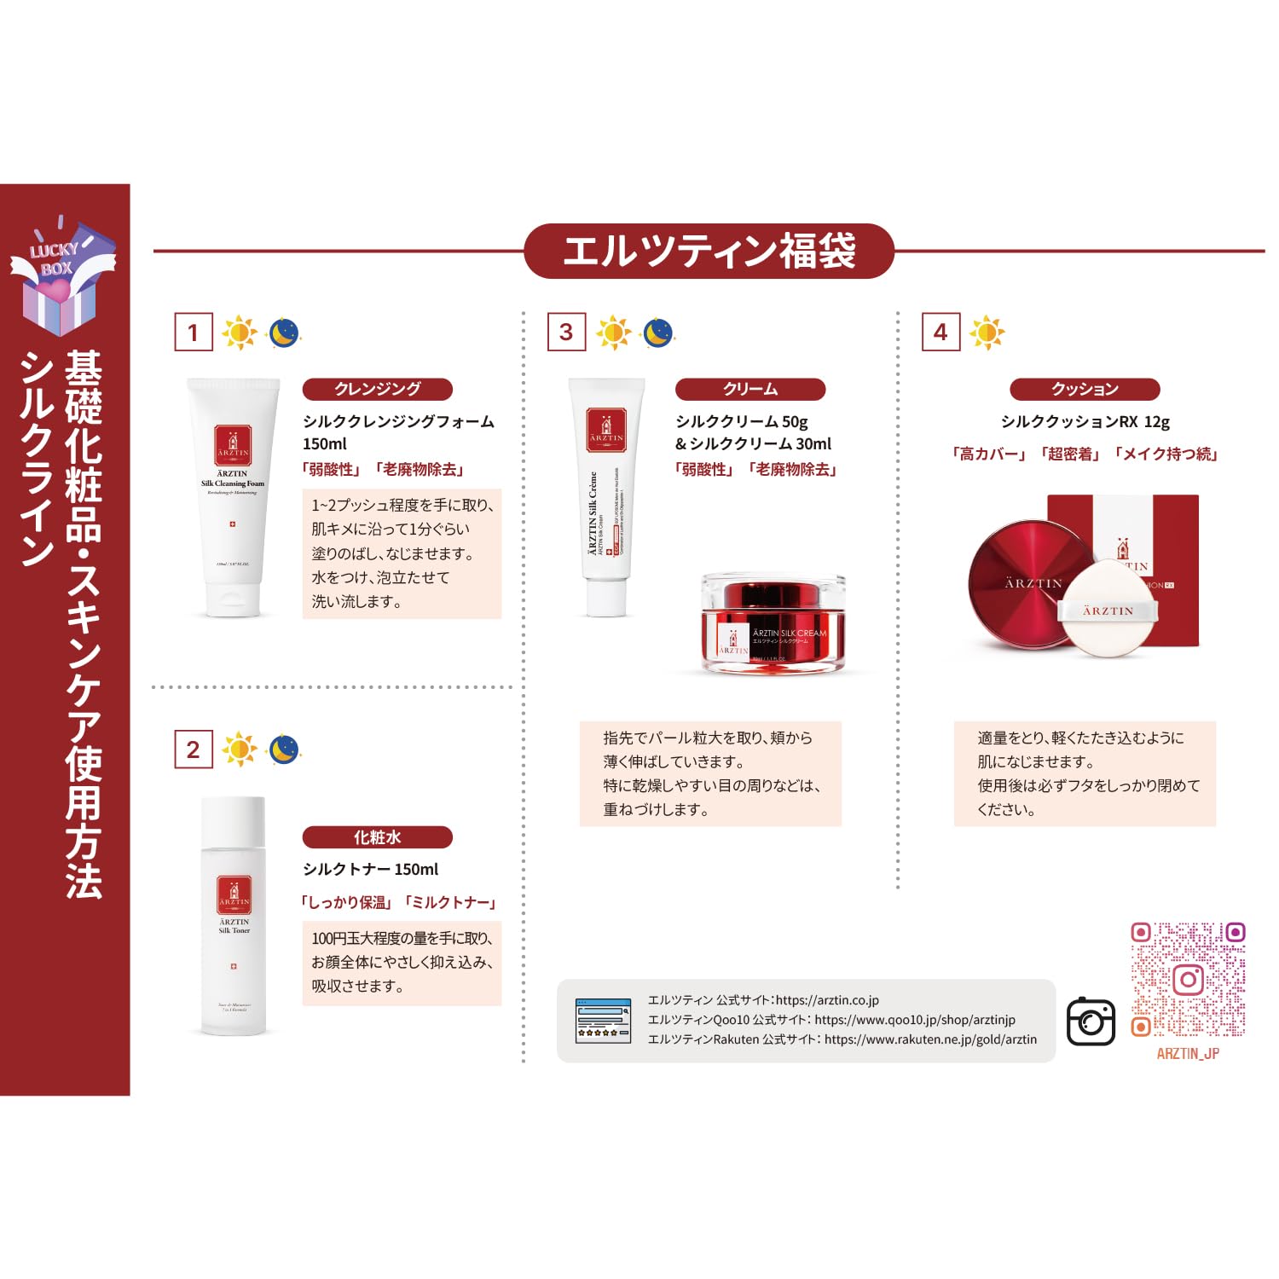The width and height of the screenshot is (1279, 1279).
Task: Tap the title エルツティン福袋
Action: coord(709,252)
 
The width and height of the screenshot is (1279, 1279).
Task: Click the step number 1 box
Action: coord(194,332)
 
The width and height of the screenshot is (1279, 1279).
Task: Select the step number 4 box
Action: coord(940,332)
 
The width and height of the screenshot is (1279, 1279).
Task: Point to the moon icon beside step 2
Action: coord(284,749)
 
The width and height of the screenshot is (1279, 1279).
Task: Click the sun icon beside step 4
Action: coord(987,332)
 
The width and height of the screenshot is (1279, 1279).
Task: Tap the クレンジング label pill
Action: coord(377,389)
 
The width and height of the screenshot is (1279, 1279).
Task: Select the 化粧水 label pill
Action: coord(377,837)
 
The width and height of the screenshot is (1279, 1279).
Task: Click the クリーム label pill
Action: coord(750,389)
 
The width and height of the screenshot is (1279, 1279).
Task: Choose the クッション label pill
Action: coord(1085,389)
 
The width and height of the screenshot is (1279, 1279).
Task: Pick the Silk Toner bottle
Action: coord(234,916)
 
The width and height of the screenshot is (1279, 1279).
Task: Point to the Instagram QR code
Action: coord(1188,980)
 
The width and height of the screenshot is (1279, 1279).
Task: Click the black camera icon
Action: coord(1091,1021)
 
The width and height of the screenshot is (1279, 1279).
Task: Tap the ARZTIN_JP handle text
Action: coord(1188,1054)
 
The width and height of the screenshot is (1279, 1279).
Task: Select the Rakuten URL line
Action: coord(842,1039)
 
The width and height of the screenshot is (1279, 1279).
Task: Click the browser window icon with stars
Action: coord(604,1021)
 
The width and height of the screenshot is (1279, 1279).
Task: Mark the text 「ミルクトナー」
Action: coord(450,902)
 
